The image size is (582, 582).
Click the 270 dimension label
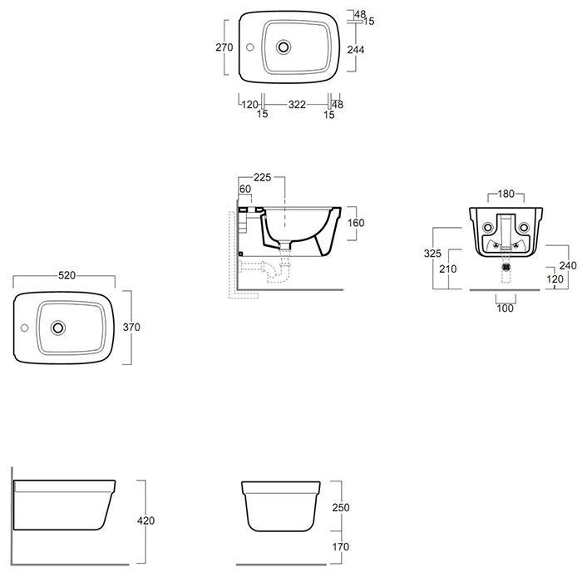pyautogui.click(x=224, y=47)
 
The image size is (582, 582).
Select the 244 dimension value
pyautogui.click(x=356, y=49)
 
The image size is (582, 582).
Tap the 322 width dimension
pyautogui.click(x=297, y=105)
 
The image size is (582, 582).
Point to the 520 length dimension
pyautogui.click(x=67, y=275)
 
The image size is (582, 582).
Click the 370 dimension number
pyautogui.click(x=131, y=327)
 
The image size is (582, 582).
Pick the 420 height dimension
pyautogui.click(x=145, y=520)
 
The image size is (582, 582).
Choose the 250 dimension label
pyautogui.click(x=341, y=507)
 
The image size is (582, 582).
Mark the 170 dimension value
pyautogui.click(x=341, y=547)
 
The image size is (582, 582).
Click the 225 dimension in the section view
pyautogui.click(x=263, y=177)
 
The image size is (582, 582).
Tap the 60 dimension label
pyautogui.click(x=245, y=189)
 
